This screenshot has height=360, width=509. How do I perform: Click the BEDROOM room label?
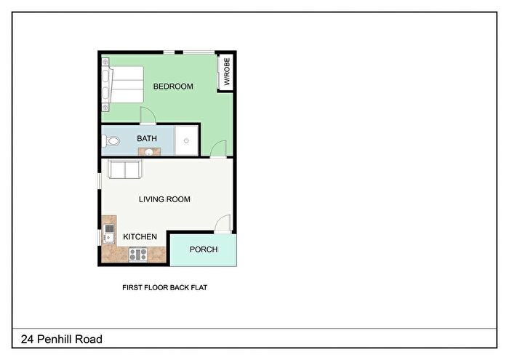[173, 87]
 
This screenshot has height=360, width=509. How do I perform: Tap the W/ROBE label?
[227, 71]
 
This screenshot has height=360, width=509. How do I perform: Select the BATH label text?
[147, 139]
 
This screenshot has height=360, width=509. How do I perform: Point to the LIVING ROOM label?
[164, 199]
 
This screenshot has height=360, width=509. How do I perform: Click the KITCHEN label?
[140, 237]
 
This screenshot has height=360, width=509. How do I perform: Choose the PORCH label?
[204, 249]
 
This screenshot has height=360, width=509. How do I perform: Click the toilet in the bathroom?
[111, 141]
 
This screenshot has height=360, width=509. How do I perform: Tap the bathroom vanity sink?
[149, 151]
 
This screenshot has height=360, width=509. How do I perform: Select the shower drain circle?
[186, 140]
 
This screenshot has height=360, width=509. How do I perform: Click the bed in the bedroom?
[123, 84]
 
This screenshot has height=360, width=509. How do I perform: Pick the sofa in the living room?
[125, 169]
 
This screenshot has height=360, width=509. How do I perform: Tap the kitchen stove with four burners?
[138, 254]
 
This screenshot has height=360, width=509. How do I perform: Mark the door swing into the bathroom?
[148, 115]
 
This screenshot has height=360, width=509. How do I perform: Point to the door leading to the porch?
[223, 224]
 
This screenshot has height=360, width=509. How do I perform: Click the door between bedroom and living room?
[218, 149]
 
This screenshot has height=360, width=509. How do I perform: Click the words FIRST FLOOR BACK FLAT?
[164, 287]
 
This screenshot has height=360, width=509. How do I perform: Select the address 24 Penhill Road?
[62, 340]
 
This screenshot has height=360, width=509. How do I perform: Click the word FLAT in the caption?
[199, 287]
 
